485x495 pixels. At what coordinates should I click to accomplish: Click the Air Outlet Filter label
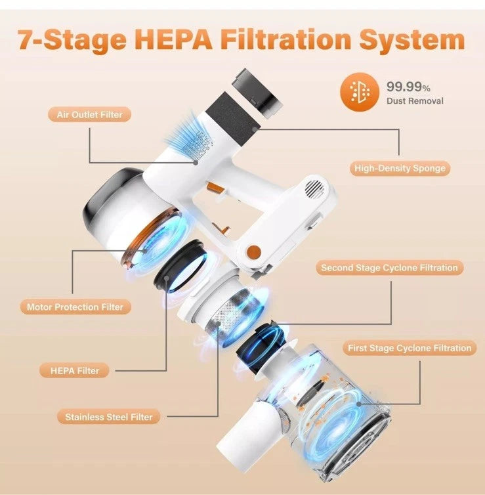[89, 114]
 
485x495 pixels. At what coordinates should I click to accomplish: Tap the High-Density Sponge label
[400, 168]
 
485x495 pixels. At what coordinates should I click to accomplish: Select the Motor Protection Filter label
[75, 307]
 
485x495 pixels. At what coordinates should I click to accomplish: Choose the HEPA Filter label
[75, 371]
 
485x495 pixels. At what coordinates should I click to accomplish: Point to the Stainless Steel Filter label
[108, 417]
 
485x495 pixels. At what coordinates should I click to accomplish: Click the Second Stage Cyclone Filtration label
[389, 268]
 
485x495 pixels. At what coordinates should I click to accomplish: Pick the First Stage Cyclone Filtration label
[410, 348]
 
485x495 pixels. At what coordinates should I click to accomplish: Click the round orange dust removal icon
[360, 92]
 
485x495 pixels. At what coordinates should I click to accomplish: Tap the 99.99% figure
[408, 86]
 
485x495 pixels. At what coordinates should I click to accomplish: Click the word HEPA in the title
[175, 39]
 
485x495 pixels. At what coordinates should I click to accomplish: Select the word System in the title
[411, 41]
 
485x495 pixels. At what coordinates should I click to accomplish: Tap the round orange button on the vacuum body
[254, 251]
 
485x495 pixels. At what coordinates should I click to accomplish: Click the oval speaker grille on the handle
[314, 189]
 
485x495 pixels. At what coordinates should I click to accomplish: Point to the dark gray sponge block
[233, 115]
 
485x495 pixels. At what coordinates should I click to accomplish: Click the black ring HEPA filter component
[180, 267]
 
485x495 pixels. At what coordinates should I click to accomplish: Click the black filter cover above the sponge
[257, 92]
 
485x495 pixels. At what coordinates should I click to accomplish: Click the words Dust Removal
[415, 101]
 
